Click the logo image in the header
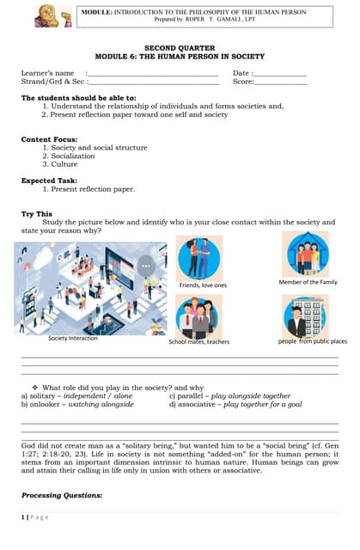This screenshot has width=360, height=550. pos(53,15)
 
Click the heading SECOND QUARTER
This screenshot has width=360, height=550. pos(180,48)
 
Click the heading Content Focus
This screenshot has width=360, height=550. pos(49,139)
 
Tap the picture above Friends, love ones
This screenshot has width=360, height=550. pos(199,257)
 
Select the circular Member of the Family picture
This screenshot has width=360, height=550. pos(306,254)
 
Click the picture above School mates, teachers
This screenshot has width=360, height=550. pos(199,316)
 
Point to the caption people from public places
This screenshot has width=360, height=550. pos(312,341)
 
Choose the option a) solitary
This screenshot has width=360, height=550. pos(76,395)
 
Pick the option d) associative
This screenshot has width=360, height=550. pos(235,403)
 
